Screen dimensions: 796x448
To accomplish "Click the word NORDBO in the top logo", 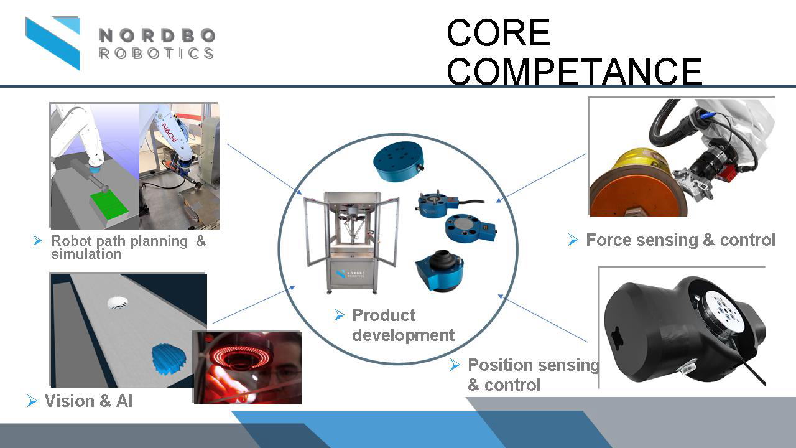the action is click(157, 35).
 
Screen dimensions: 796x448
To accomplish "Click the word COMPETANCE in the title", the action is click(574, 72).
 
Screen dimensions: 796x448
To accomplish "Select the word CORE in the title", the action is click(498, 33).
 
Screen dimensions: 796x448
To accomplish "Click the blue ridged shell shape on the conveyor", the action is click(169, 358).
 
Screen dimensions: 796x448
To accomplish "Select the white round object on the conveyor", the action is click(118, 303).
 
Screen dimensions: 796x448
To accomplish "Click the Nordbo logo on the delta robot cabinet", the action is click(350, 274).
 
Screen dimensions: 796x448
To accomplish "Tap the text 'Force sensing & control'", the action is click(680, 240).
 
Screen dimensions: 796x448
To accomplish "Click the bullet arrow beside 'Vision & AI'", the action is click(32, 401).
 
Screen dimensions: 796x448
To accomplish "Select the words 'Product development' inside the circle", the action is click(403, 325).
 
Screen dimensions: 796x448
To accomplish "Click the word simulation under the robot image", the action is click(86, 254).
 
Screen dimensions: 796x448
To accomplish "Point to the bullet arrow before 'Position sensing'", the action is click(455, 365).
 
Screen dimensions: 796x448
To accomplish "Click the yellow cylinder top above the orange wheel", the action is click(640, 162).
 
